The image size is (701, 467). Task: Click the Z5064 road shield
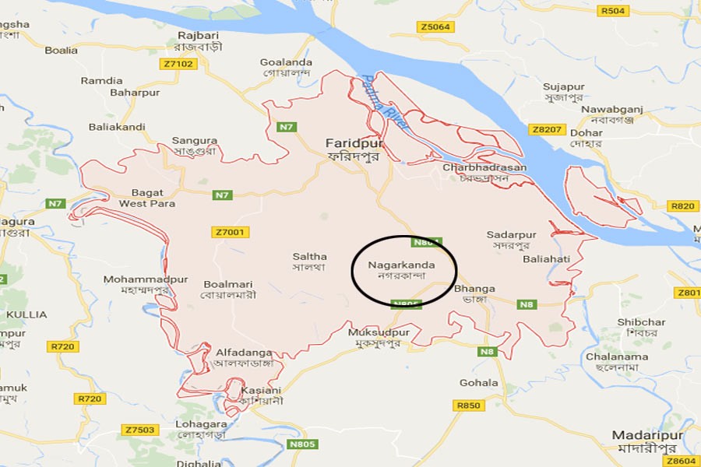pos(435,26)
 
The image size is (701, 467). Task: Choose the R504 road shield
pos(613,11)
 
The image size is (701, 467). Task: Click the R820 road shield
pos(682,205)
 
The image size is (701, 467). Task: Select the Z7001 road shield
pos(228,232)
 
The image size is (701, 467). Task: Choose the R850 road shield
pos(469,406)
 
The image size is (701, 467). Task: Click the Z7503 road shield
pos(140,430)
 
